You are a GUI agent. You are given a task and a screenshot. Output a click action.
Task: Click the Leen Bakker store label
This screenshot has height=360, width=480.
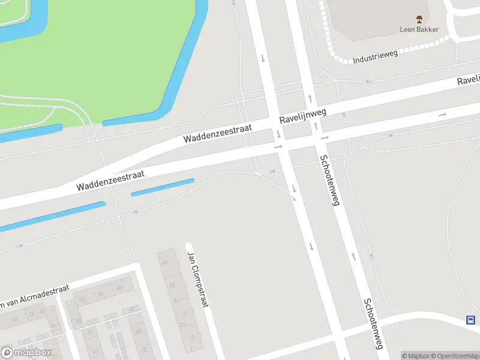pos(419,29)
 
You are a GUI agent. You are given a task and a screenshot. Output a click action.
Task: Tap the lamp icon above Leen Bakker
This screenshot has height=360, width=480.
pos(419,19)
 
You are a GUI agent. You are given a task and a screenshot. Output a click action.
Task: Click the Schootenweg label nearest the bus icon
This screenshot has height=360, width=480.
pos(372,325)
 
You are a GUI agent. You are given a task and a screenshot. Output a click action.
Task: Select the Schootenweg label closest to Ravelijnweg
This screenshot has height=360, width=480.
pos(329,181)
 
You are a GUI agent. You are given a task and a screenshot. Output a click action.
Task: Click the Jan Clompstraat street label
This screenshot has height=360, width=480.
pos(197,279)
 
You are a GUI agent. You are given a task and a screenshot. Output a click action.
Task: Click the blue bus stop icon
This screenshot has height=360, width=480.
pos(472,320)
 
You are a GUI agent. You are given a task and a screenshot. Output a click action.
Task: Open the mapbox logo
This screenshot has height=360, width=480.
pos(26,353)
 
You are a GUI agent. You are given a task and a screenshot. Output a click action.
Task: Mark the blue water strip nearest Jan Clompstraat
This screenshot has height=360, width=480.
pos(163,187)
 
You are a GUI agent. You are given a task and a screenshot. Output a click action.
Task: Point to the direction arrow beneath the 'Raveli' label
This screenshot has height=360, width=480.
pos(443,114)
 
